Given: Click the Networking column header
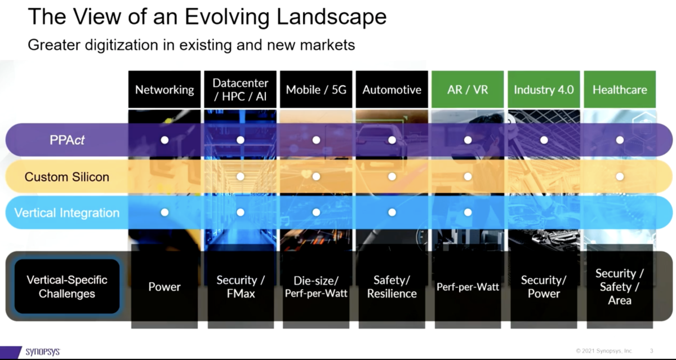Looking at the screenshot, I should click(164, 90).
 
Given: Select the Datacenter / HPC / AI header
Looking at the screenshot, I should click(241, 90).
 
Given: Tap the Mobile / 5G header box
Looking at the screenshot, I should click(316, 90).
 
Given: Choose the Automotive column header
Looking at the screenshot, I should click(392, 90).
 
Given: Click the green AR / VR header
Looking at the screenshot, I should click(467, 90).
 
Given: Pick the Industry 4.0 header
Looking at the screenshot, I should click(544, 90).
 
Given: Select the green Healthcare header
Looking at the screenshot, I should click(620, 90).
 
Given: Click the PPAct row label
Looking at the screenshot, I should click(66, 140).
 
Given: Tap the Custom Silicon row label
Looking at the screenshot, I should click(66, 176).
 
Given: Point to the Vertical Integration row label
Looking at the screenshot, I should click(66, 213).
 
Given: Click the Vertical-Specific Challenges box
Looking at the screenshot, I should click(66, 287).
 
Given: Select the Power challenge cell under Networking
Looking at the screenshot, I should click(164, 287).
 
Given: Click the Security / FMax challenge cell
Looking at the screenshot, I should click(241, 287).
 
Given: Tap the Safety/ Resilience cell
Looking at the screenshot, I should click(392, 287).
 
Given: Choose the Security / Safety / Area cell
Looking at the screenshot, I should click(620, 287).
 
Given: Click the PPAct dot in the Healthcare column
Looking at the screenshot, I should click(620, 140).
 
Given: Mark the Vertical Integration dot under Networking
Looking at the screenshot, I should click(164, 212).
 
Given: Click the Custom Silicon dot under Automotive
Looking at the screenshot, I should click(392, 176).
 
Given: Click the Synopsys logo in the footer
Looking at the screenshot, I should click(42, 352).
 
